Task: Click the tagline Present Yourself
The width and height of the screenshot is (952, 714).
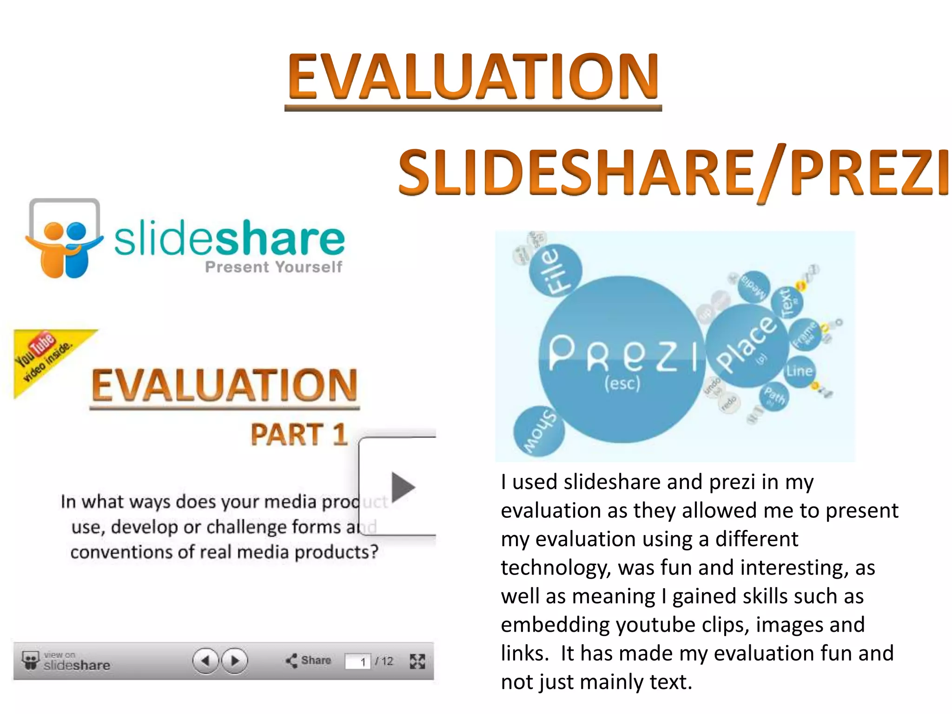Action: [273, 267]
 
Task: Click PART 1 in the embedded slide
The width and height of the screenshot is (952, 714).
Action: [299, 435]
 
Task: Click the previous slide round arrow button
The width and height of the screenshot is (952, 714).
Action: [205, 661]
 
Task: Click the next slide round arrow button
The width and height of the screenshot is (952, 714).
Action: [235, 661]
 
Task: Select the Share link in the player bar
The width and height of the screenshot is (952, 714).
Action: [309, 661]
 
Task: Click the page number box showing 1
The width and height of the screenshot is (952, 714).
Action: [358, 661]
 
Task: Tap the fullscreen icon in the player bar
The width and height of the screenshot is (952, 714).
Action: [417, 661]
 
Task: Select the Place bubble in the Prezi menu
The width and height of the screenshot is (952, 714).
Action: [747, 346]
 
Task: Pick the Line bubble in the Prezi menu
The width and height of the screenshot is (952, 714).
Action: [799, 371]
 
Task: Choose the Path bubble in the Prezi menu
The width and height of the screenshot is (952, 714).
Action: [774, 397]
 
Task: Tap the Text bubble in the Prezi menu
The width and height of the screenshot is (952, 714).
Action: [787, 302]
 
